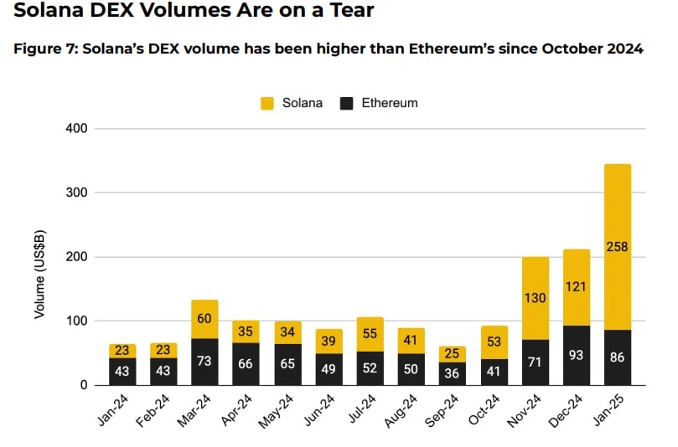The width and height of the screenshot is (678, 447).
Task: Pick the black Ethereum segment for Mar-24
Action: coord(205,362)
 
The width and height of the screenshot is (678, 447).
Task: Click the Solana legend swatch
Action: coord(268,104)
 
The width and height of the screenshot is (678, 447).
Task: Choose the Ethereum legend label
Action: coord(390,104)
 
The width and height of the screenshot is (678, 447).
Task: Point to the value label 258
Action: coord(618,246)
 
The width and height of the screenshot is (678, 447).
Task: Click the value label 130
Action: coord(536,298)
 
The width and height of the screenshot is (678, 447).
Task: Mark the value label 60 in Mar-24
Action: coord(205,320)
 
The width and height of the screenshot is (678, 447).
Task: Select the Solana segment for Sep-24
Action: coord(453,354)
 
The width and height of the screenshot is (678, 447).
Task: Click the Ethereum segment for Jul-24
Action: coord(370,368)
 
